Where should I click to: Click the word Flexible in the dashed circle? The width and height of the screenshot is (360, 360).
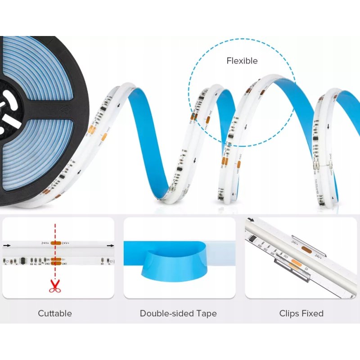coord(242,61)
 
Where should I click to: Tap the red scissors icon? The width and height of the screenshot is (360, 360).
coord(55,286)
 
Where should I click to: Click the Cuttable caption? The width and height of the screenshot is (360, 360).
coord(55,313)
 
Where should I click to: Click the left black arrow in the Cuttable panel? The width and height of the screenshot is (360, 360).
coord(6,246)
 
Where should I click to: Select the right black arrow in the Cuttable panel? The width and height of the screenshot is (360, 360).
coord(110,246)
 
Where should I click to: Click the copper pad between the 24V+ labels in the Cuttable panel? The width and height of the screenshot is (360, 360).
coord(56,243)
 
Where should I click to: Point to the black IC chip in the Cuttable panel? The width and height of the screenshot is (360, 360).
coord(22,260)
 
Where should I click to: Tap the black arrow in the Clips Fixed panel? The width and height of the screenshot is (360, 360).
coord(251,221)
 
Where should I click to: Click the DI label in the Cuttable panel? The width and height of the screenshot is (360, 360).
coord(64,259)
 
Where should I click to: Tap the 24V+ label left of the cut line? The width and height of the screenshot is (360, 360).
coord(45,243)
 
